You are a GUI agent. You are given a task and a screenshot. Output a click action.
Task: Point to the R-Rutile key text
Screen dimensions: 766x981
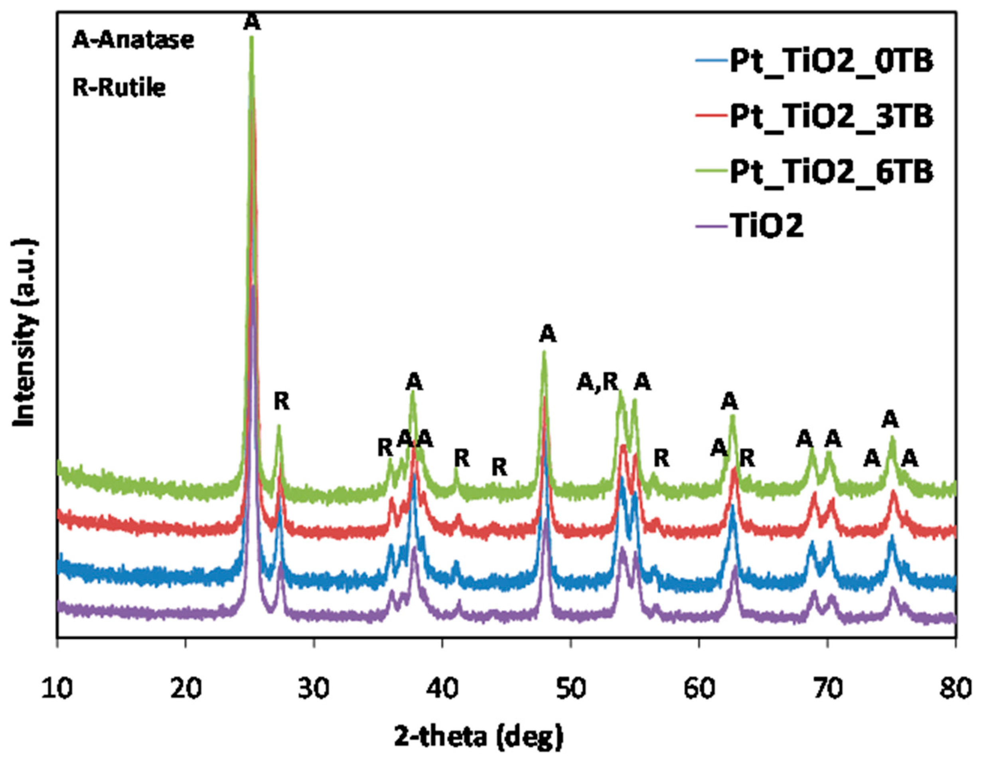(119, 88)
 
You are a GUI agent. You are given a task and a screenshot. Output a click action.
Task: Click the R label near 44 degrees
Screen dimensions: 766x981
(499, 467)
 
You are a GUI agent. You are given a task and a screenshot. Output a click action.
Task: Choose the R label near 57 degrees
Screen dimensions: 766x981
(661, 459)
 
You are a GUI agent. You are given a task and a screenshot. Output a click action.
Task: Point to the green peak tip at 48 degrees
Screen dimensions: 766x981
(544, 353)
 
